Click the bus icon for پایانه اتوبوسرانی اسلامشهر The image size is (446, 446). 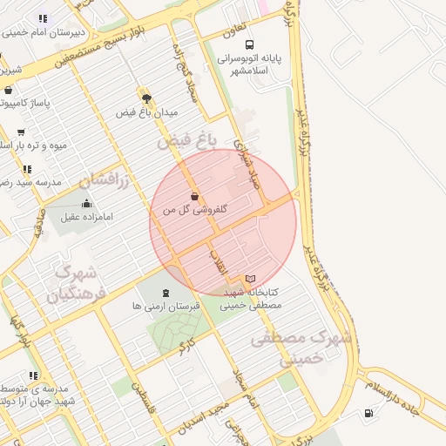click(250, 44)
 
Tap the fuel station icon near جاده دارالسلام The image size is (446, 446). click(370, 412)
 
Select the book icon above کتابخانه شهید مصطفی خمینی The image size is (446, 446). click(251, 279)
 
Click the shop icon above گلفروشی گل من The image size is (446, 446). click(194, 197)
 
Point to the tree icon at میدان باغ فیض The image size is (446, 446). click(146, 98)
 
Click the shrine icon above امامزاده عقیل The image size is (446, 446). click(85, 204)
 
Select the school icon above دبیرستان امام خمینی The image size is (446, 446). click(42, 18)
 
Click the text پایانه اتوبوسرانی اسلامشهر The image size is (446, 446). click(253, 64)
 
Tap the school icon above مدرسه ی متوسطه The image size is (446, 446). click(33, 376)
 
